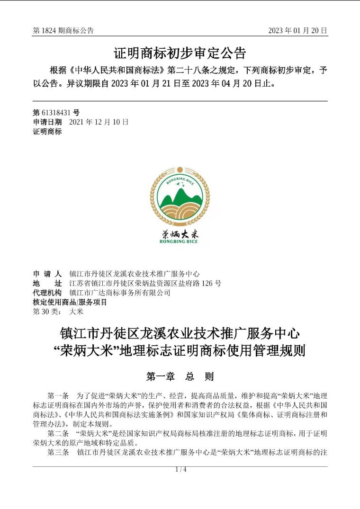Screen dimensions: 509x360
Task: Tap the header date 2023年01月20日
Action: pos(297,31)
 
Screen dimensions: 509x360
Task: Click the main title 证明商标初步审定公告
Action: pos(180,52)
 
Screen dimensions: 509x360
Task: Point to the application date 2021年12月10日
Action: pos(99,122)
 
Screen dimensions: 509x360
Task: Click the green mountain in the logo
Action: pos(180,196)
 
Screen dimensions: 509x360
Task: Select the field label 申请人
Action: pos(47,274)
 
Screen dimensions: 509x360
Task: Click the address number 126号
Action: pos(211,284)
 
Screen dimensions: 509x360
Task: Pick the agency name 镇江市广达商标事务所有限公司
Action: pos(119,293)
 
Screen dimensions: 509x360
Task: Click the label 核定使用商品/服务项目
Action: pos(70,302)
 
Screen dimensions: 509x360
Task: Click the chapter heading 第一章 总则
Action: pos(180,377)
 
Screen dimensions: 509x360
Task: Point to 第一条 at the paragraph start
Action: pos(58,395)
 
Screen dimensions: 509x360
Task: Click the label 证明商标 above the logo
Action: pos(47,132)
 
